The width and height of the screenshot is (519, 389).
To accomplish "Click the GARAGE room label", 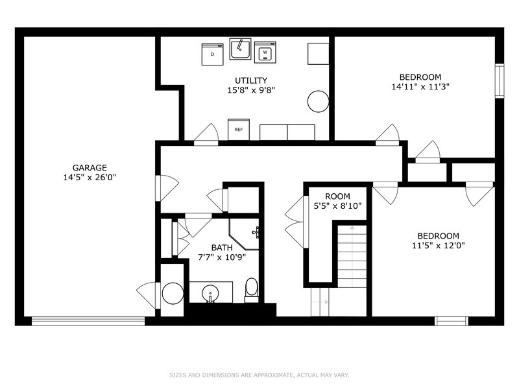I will tap(90, 167).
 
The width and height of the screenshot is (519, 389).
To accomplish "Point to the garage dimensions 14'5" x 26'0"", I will tap(90, 176).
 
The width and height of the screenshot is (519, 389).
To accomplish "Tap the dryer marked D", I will tap(212, 54).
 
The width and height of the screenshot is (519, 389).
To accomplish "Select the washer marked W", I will tap(265, 52).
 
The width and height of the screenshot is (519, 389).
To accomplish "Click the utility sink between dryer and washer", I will tap(240, 49).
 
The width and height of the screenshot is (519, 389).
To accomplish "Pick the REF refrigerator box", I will tap(239, 130).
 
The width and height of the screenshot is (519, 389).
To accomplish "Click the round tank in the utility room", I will tap(318, 101).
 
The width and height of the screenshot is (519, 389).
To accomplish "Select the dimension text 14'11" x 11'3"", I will tap(420, 86).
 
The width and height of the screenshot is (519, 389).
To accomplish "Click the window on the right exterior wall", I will tap(499, 81).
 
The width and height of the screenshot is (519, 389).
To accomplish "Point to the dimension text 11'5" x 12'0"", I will tap(438, 245).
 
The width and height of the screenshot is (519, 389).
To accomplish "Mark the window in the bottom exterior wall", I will tap(451, 320).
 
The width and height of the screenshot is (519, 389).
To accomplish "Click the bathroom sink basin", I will tap(211, 294).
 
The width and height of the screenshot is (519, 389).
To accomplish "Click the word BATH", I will tap(222, 248).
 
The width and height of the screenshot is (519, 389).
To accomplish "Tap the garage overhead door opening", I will tap(88, 320).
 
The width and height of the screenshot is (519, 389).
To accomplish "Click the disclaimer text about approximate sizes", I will tap(259, 375).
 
